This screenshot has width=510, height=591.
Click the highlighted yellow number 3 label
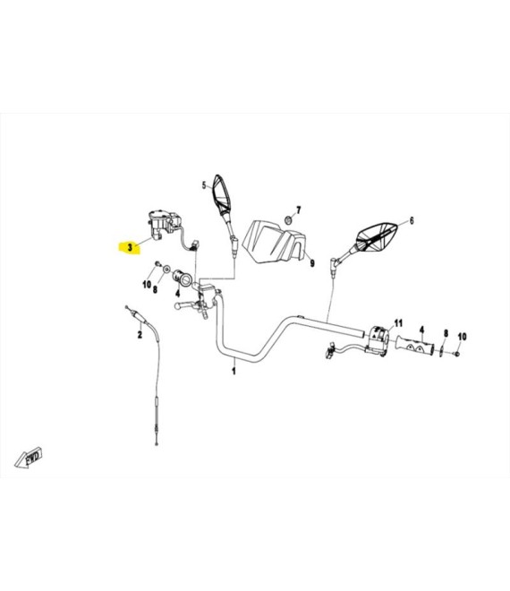pyautogui.click(x=130, y=248)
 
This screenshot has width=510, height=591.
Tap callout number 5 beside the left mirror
pyautogui.click(x=204, y=185)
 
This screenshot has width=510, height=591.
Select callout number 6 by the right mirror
pyautogui.click(x=412, y=220)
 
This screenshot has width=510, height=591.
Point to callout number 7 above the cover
pyautogui.click(x=299, y=210)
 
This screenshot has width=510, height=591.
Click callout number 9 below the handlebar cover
pyautogui.click(x=312, y=263)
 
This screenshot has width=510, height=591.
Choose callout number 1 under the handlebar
pyautogui.click(x=234, y=371)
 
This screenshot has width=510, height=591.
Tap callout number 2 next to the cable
pyautogui.click(x=140, y=334)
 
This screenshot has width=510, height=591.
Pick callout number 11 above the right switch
pyautogui.click(x=398, y=323)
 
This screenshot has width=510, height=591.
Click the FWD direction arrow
pyautogui.click(x=29, y=458)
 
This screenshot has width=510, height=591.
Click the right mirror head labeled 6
pyautogui.click(x=378, y=236)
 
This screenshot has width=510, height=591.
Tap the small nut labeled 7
pyautogui.click(x=288, y=219)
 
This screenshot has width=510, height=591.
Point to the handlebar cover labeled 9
pyautogui.click(x=274, y=242)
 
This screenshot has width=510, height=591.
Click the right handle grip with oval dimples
pyautogui.click(x=414, y=346)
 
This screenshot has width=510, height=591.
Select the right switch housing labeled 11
pyautogui.click(x=378, y=340)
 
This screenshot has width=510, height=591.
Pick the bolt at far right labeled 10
pyautogui.click(x=457, y=354)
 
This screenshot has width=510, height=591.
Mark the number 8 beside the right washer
pyautogui.click(x=446, y=333)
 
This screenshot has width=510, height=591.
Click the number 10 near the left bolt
pyautogui.click(x=147, y=285)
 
